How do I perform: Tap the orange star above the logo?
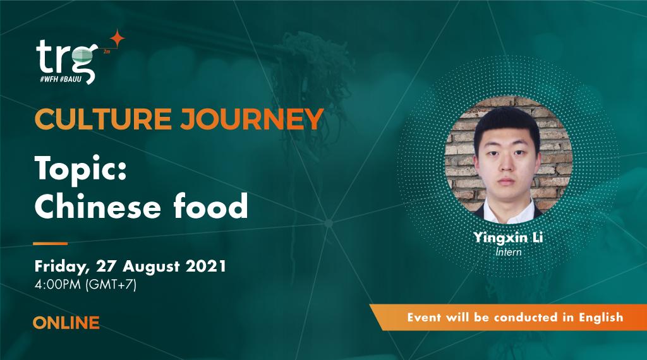coord(116,39)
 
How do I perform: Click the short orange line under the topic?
coord(50,243)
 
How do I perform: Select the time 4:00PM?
coord(58,284)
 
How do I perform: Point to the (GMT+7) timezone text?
coord(111,284)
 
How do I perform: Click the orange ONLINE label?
coord(66,323)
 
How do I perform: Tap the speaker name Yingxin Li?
coord(507,238)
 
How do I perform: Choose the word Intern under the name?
coord(508,252)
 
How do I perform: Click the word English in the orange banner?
coord(601,317)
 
